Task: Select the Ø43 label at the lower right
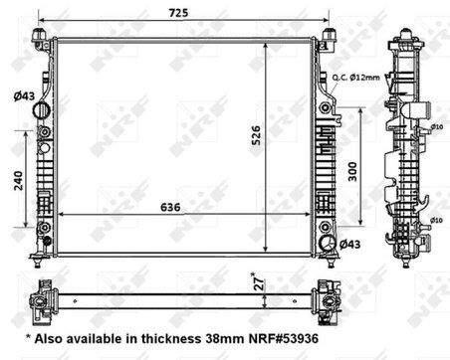click(350, 244)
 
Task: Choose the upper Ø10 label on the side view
click(436, 127)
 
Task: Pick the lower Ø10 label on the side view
click(436, 219)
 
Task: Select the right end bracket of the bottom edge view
click(328, 295)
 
